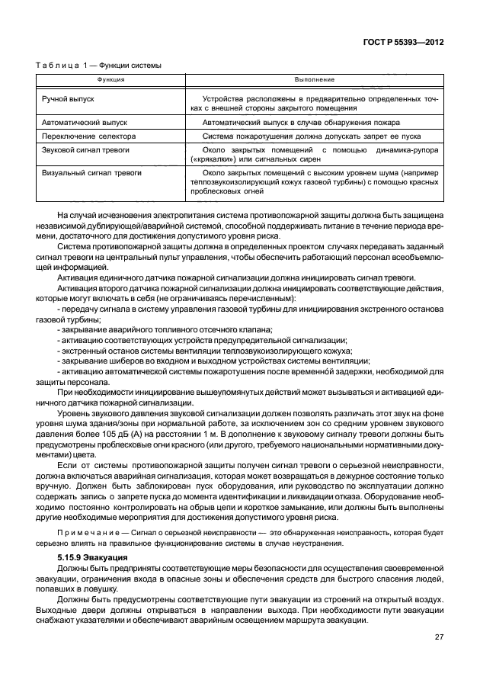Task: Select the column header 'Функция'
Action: (110, 79)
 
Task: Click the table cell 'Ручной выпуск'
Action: (68, 99)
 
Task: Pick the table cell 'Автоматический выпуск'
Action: (85, 122)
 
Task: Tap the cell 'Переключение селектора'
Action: (87, 136)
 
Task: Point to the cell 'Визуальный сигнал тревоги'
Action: (91, 173)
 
